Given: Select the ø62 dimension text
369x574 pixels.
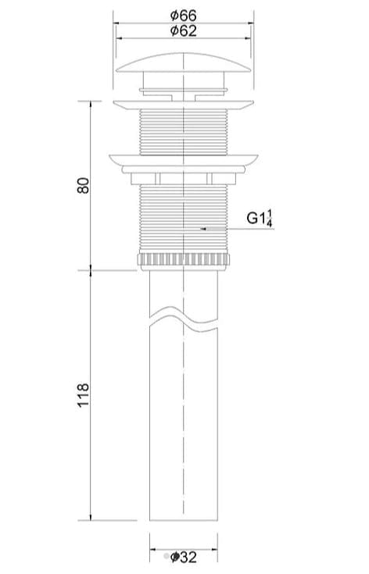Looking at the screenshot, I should click(184, 31).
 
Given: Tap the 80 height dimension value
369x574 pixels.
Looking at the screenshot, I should click(84, 185).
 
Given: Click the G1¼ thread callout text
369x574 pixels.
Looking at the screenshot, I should click(260, 219).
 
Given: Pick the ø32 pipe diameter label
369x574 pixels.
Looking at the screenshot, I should click(184, 557).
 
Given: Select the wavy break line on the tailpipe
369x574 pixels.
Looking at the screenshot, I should click(184, 318).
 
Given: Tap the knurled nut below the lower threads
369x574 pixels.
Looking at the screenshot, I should click(184, 260).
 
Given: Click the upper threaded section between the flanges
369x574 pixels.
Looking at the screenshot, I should click(184, 130).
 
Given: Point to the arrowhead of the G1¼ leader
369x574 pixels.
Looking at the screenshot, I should click(202, 229).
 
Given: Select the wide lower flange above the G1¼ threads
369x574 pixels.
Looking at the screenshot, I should click(184, 158).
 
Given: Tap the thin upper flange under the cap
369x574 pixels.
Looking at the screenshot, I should click(184, 103).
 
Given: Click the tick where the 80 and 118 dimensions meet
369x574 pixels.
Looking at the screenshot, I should click(92, 270).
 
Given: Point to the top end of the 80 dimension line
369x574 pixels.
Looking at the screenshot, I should click(92, 102).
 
